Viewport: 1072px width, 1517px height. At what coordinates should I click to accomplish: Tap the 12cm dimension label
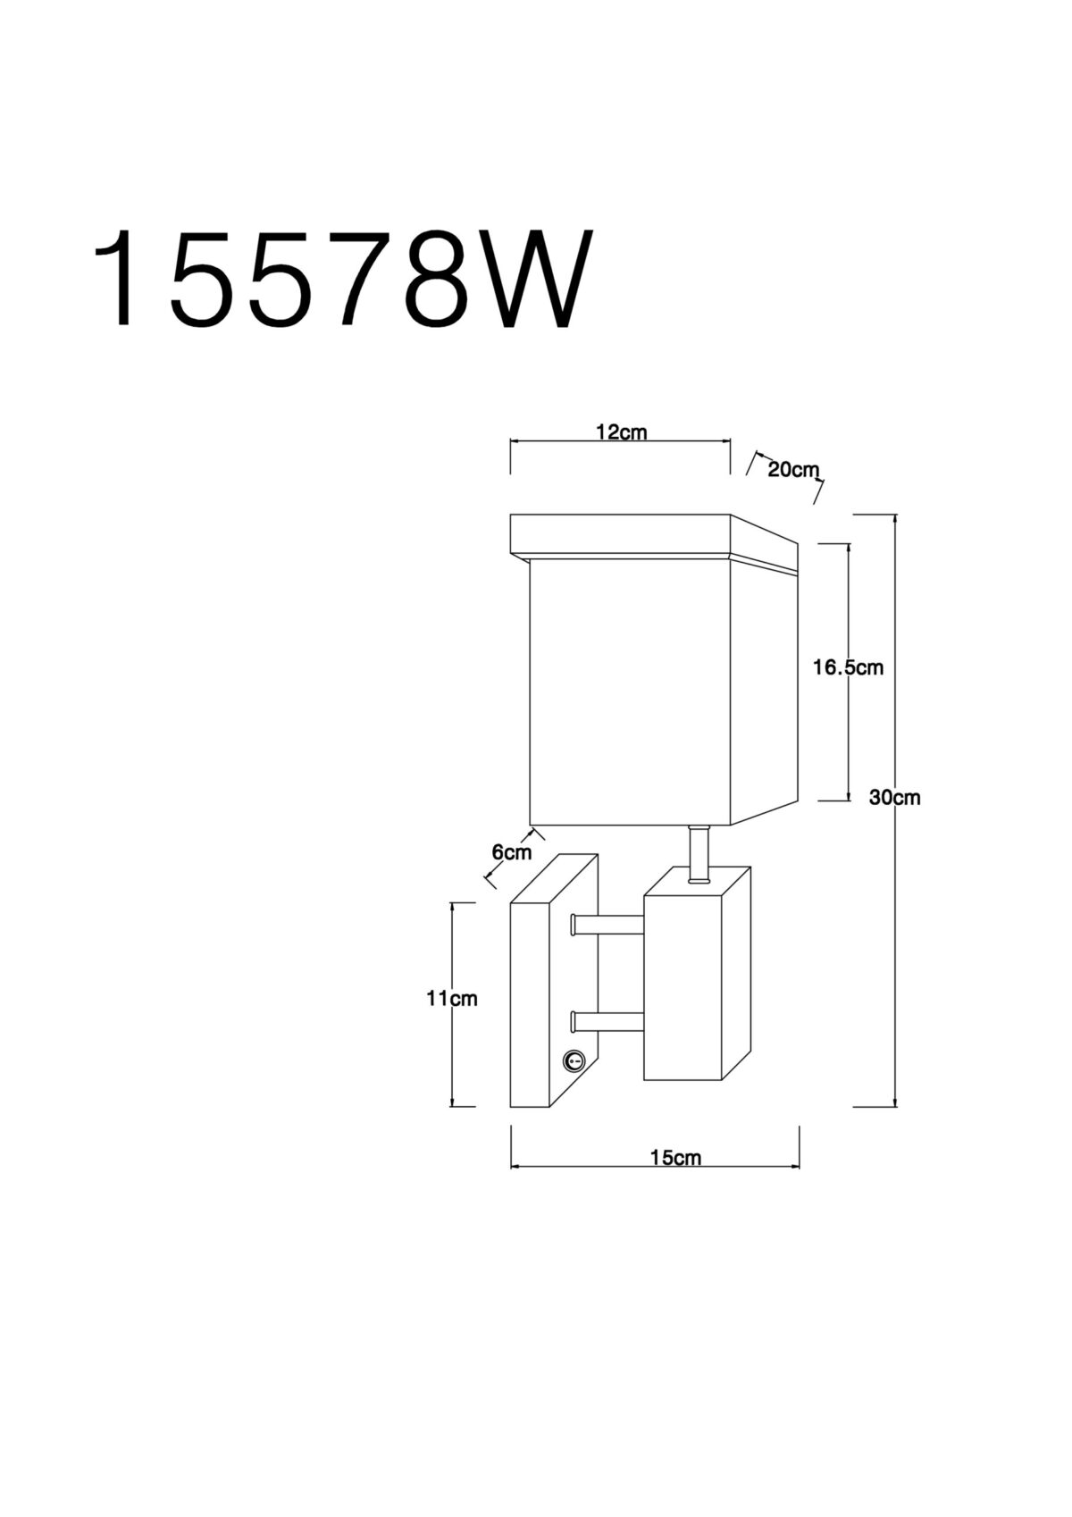[x=621, y=432]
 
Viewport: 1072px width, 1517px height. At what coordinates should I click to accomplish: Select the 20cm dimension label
[x=793, y=469]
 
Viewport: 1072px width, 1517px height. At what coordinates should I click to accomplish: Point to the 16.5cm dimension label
[x=849, y=667]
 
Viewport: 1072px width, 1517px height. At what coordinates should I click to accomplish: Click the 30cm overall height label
[x=894, y=798]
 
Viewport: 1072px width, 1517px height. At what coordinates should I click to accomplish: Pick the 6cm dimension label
[x=511, y=852]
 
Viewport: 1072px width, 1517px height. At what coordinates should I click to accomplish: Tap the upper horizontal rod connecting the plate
[x=607, y=926]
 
